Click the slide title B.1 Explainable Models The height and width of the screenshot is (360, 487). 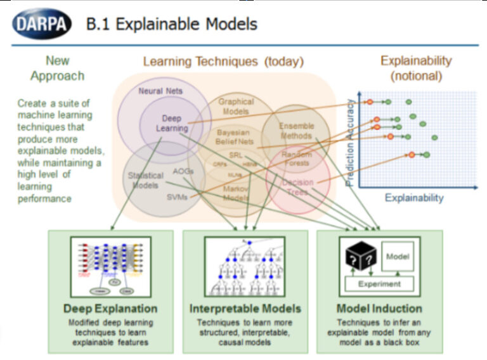click(172, 25)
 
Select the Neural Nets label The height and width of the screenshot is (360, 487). click(160, 91)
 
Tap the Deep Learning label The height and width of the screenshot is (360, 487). click(171, 123)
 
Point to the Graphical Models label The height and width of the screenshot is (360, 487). click(236, 106)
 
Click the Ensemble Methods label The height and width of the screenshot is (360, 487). click(296, 131)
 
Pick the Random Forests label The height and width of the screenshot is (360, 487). click(296, 159)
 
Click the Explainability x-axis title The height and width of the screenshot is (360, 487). click(414, 198)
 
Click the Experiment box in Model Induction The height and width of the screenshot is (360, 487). click(380, 285)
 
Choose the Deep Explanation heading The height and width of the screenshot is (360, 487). click(110, 309)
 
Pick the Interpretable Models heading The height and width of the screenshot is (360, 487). click(245, 309)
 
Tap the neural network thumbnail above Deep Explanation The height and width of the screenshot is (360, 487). click(110, 266)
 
